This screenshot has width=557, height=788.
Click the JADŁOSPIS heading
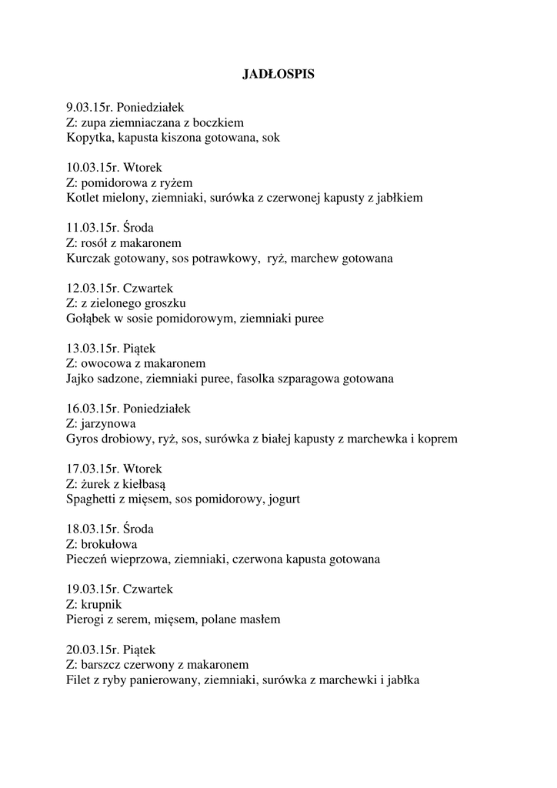[x=278, y=75]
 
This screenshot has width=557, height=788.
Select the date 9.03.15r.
[x=89, y=107]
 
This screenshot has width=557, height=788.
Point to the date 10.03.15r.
[x=92, y=167]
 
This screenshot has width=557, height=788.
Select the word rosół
[x=97, y=242]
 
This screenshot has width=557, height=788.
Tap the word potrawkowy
[x=226, y=259]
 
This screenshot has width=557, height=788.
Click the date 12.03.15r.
[x=92, y=288]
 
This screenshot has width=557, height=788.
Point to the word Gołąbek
[x=89, y=319]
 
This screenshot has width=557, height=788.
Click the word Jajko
[x=82, y=379]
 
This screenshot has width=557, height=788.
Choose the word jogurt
[x=283, y=499]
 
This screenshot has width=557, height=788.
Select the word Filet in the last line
[x=80, y=680]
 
